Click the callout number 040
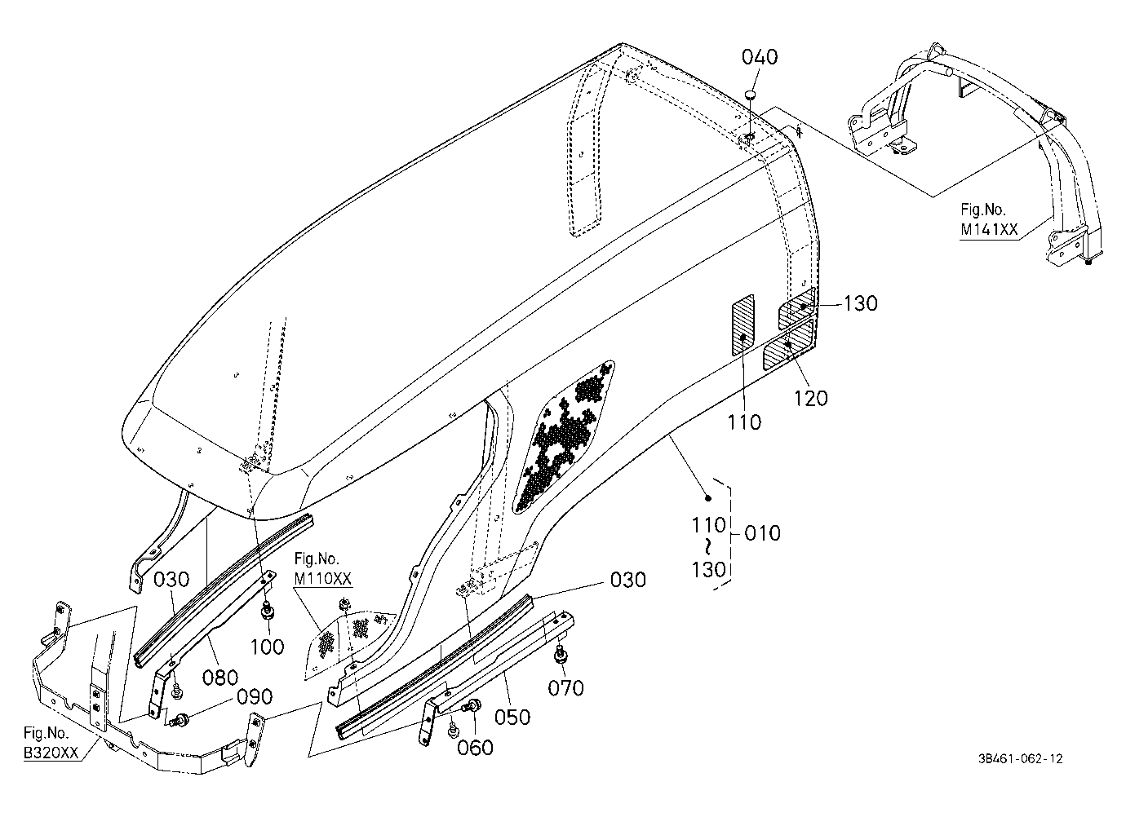[760, 57]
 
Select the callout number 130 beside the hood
[860, 303]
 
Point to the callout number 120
[811, 399]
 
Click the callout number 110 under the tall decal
[744, 422]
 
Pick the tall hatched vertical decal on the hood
[743, 325]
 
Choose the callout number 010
[763, 533]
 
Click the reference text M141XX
[989, 230]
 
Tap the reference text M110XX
[323, 579]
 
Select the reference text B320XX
[51, 753]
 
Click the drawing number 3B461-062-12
[1021, 759]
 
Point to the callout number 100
[267, 647]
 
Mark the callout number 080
[220, 678]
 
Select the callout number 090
[255, 697]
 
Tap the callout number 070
[565, 688]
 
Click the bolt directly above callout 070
[561, 653]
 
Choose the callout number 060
[475, 748]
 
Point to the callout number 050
[512, 718]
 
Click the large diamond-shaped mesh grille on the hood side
[563, 436]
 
